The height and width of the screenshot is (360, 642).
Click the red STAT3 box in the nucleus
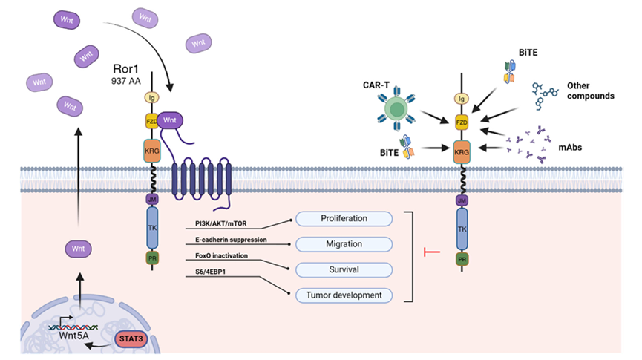[128, 340]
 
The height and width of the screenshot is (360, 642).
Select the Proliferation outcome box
[343, 218]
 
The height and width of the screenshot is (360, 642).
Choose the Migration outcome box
[343, 243]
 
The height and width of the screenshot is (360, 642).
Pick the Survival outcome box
[343, 269]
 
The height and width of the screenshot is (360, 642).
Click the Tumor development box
[343, 295]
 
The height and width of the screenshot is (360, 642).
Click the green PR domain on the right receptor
[462, 259]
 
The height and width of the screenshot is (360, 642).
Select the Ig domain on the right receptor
[462, 98]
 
